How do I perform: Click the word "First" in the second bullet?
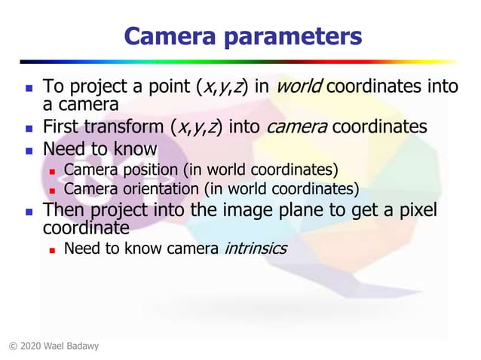[63, 126]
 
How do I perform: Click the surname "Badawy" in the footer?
[81, 346]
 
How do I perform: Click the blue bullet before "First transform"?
[28, 127]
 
